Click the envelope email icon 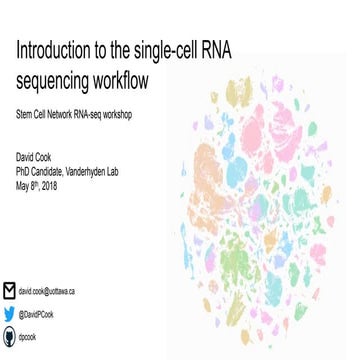[9, 291]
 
